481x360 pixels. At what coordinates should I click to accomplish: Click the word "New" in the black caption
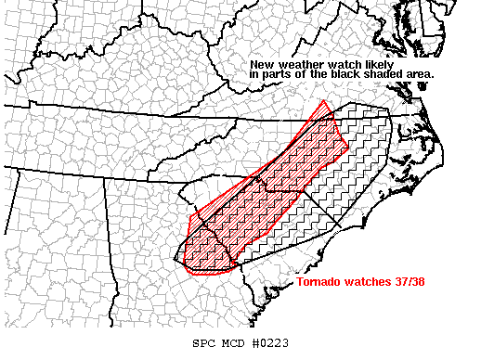pos(260,64)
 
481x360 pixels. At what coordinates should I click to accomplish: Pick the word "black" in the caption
pos(346,73)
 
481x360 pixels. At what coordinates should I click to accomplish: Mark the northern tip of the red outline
pos(323,100)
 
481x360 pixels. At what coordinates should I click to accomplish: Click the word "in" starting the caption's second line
pos(254,73)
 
